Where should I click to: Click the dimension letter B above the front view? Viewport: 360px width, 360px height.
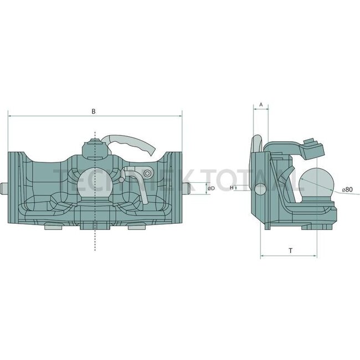click(94, 111)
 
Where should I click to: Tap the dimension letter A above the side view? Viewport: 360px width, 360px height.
click(261, 104)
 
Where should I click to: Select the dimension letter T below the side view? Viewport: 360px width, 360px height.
click(290, 250)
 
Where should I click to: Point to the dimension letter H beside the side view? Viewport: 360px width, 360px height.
click(232, 188)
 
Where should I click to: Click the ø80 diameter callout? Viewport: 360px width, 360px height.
click(347, 189)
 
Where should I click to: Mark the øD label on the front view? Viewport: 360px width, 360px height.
click(211, 189)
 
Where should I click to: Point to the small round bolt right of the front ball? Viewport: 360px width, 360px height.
click(147, 174)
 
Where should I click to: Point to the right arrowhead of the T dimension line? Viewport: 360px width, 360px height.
click(316, 256)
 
